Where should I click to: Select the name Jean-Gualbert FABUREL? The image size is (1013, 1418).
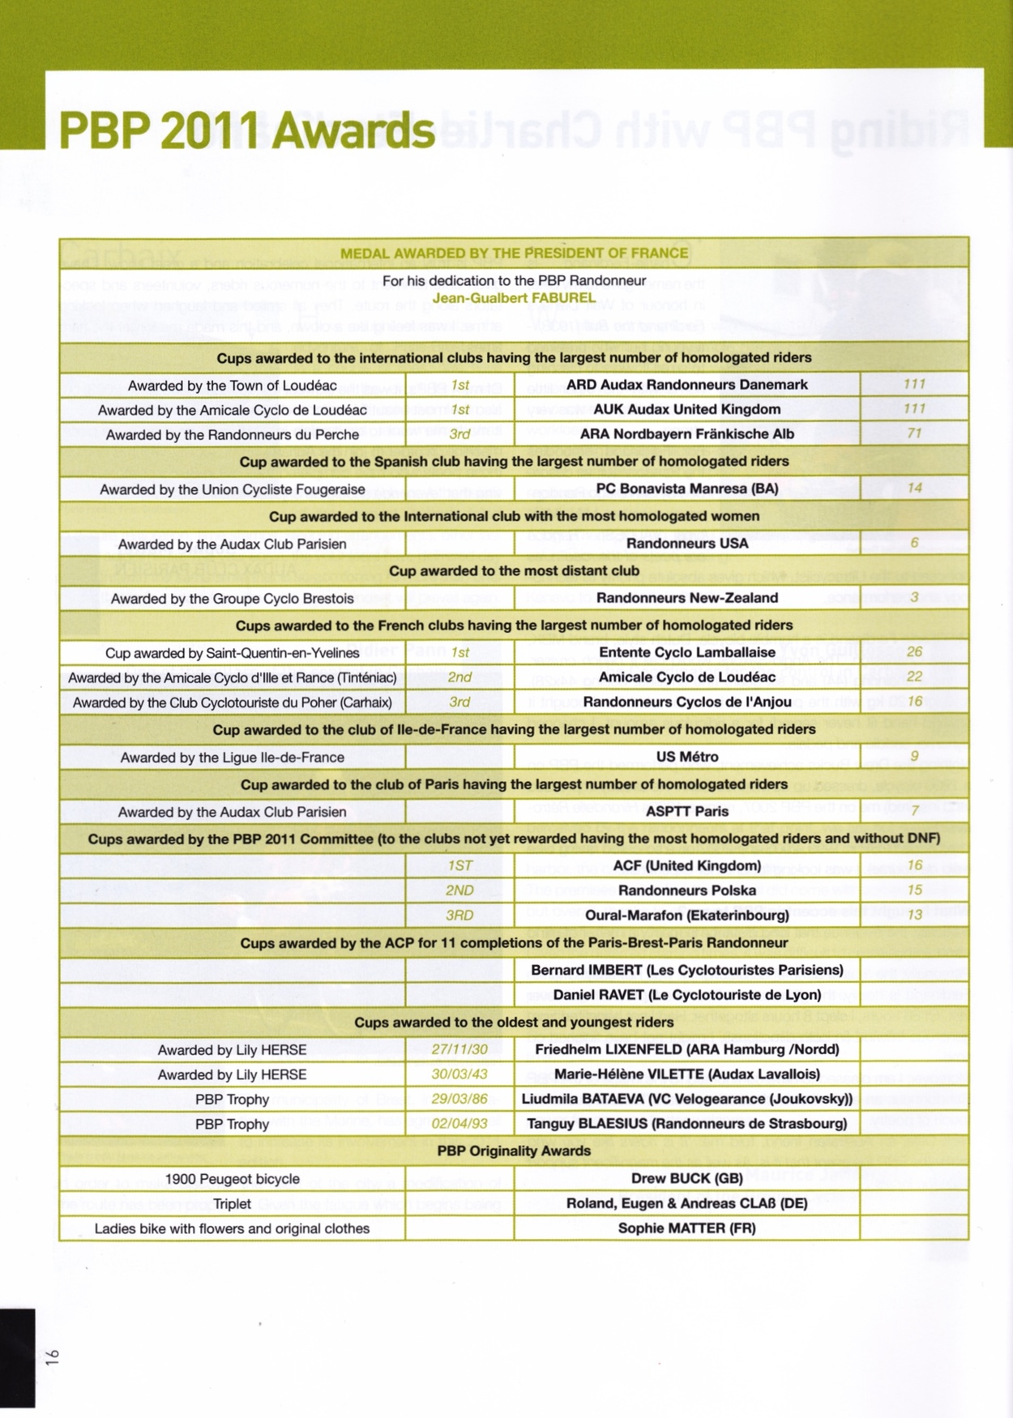514,297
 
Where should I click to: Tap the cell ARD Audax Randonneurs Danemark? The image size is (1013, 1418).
686,385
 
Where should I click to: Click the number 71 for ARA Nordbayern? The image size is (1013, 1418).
914,434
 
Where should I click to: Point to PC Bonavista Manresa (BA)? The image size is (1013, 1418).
686,489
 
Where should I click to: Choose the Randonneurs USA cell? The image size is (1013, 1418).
686,544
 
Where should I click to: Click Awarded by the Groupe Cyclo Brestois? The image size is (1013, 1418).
232,599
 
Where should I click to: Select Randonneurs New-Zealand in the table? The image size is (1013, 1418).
686,598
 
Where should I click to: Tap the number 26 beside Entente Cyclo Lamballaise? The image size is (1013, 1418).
914,652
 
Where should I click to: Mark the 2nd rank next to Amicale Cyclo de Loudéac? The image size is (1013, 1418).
459,677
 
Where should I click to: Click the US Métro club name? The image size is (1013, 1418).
686,757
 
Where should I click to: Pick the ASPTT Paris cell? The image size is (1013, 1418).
686,811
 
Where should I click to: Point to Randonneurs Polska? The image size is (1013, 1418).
686,891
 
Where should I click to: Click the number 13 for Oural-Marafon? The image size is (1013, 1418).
914,915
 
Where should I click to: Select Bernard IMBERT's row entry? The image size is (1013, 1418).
686,970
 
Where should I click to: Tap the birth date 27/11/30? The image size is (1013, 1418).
459,1049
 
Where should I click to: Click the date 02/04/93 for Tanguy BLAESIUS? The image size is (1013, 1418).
459,1124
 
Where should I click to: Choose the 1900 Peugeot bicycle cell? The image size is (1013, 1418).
232,1179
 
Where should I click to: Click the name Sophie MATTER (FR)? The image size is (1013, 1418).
686,1228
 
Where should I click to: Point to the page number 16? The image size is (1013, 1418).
53,1357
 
